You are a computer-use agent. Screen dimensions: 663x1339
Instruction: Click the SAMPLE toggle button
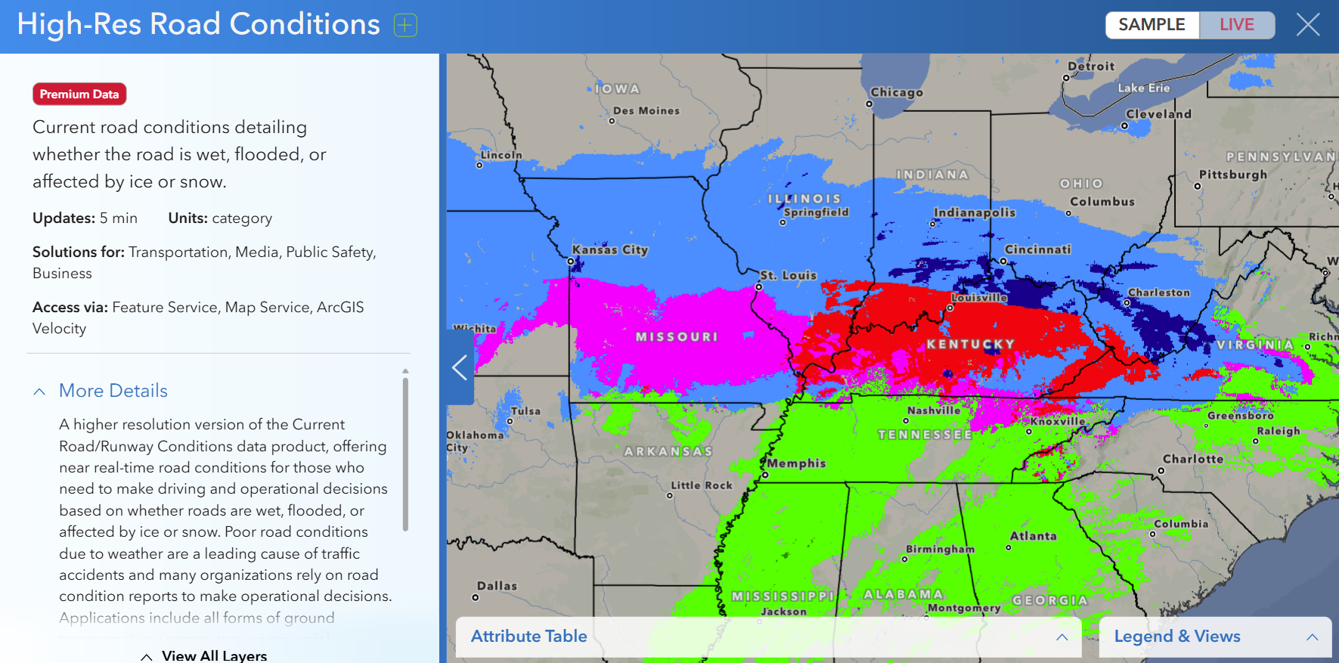(x=1151, y=25)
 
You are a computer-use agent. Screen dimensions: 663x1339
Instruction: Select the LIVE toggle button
(x=1236, y=25)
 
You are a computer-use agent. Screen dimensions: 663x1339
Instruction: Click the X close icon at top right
(x=1308, y=25)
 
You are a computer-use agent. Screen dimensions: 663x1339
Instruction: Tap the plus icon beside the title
(x=405, y=25)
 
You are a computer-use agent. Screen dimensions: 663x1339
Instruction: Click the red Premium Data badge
(x=79, y=94)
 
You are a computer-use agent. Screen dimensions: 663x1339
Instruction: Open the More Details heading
(x=113, y=391)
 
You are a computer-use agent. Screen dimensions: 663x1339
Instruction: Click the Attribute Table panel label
(x=528, y=637)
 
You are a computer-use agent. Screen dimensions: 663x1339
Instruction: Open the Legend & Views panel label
(x=1176, y=637)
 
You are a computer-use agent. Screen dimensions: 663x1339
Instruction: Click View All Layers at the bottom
(x=214, y=655)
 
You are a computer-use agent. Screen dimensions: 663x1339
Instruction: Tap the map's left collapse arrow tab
(x=459, y=367)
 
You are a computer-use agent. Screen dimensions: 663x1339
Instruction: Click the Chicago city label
(x=897, y=92)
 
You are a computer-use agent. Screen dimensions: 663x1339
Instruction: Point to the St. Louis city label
(x=789, y=275)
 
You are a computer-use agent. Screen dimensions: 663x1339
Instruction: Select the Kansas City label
(x=610, y=249)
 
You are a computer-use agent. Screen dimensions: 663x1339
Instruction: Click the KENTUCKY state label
(x=970, y=344)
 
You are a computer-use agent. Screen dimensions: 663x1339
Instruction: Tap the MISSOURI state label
(x=677, y=336)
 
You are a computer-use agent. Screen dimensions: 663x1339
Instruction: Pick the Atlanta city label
(x=1033, y=536)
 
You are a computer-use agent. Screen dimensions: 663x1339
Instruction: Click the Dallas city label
(x=497, y=586)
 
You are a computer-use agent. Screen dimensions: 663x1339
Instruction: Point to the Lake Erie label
(x=1143, y=88)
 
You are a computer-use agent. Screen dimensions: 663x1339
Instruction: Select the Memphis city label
(x=797, y=463)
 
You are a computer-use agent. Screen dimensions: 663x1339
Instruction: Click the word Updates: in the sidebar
(x=64, y=218)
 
